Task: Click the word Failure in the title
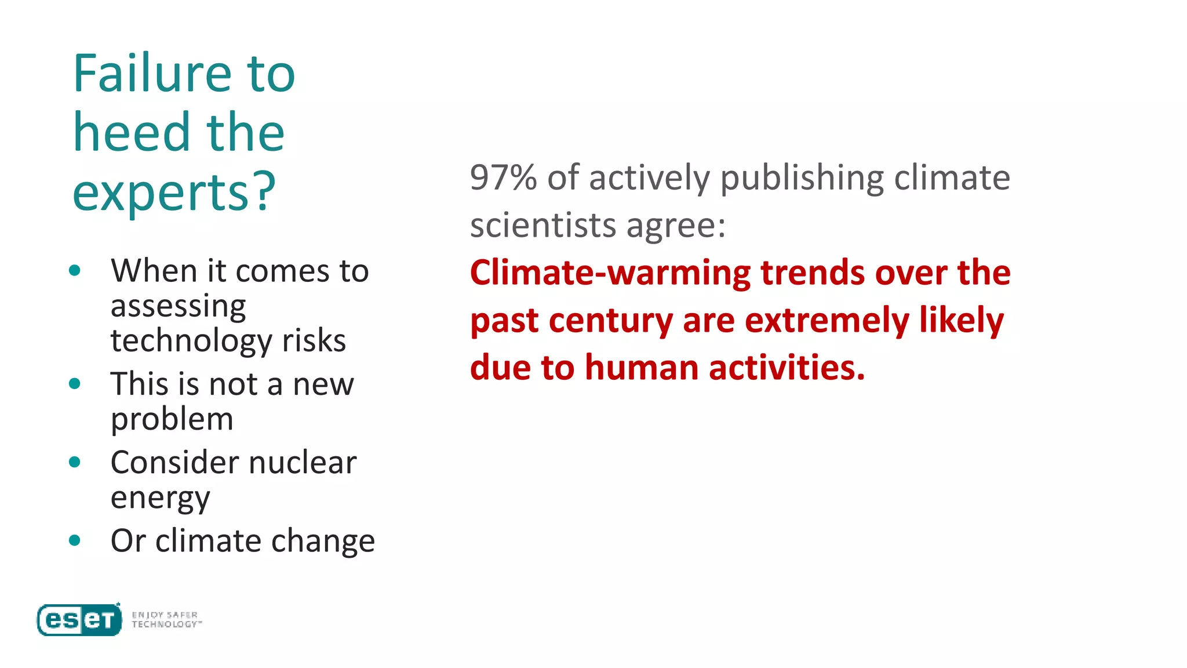coord(152,74)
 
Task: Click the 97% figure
coord(503,177)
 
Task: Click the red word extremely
coord(827,321)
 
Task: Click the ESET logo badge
coord(79,620)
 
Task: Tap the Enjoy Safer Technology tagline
coord(166,620)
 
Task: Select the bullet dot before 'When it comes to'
coord(74,270)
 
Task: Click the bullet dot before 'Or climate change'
coord(74,540)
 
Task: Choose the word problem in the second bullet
coord(172,419)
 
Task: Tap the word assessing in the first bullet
coord(178,306)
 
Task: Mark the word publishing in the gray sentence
coord(802,177)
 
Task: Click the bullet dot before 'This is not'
coord(74,383)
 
